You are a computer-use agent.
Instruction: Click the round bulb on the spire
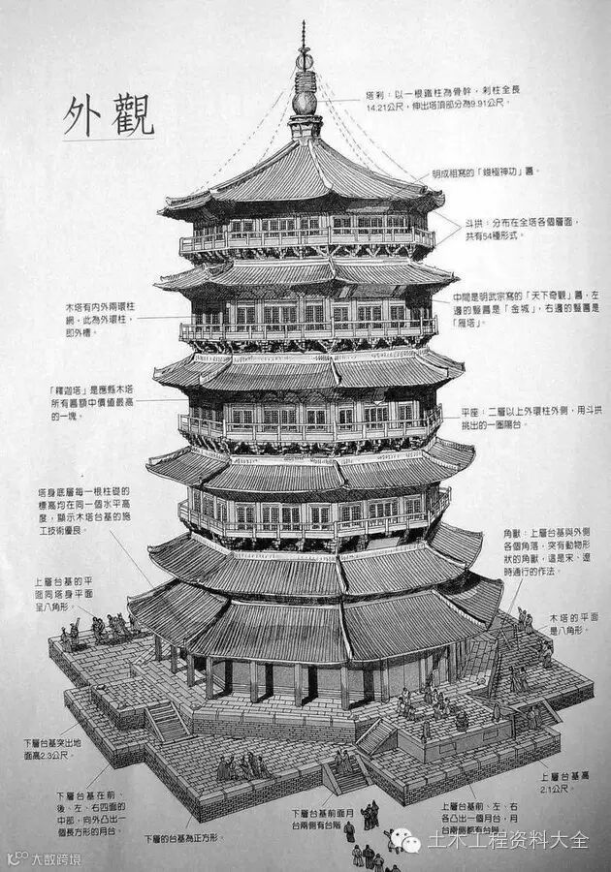[305, 100]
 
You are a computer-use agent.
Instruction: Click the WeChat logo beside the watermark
[407, 840]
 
